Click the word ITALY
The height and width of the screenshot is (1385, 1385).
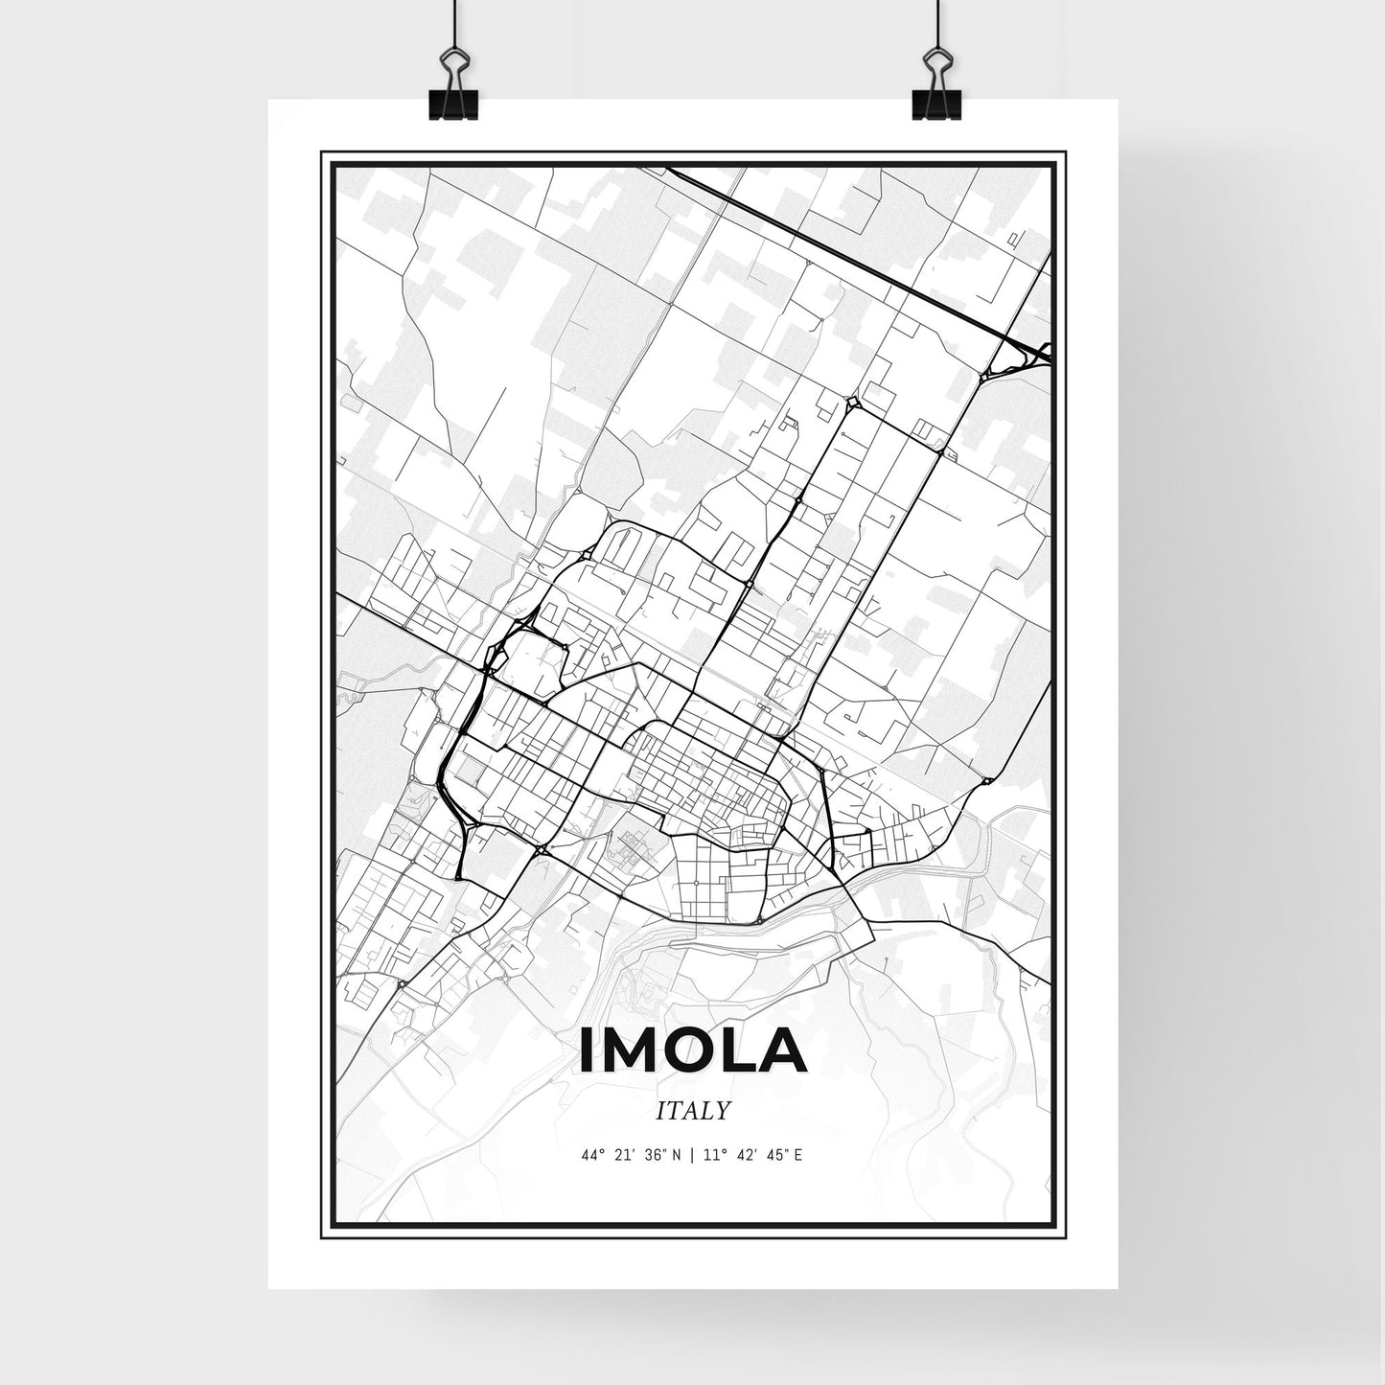point(693,1111)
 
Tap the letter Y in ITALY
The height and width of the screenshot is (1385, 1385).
point(724,1111)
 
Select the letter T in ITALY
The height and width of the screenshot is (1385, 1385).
point(675,1111)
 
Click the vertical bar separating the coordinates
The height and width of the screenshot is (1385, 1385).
point(692,1155)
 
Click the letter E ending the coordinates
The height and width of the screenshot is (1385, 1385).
point(797,1155)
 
